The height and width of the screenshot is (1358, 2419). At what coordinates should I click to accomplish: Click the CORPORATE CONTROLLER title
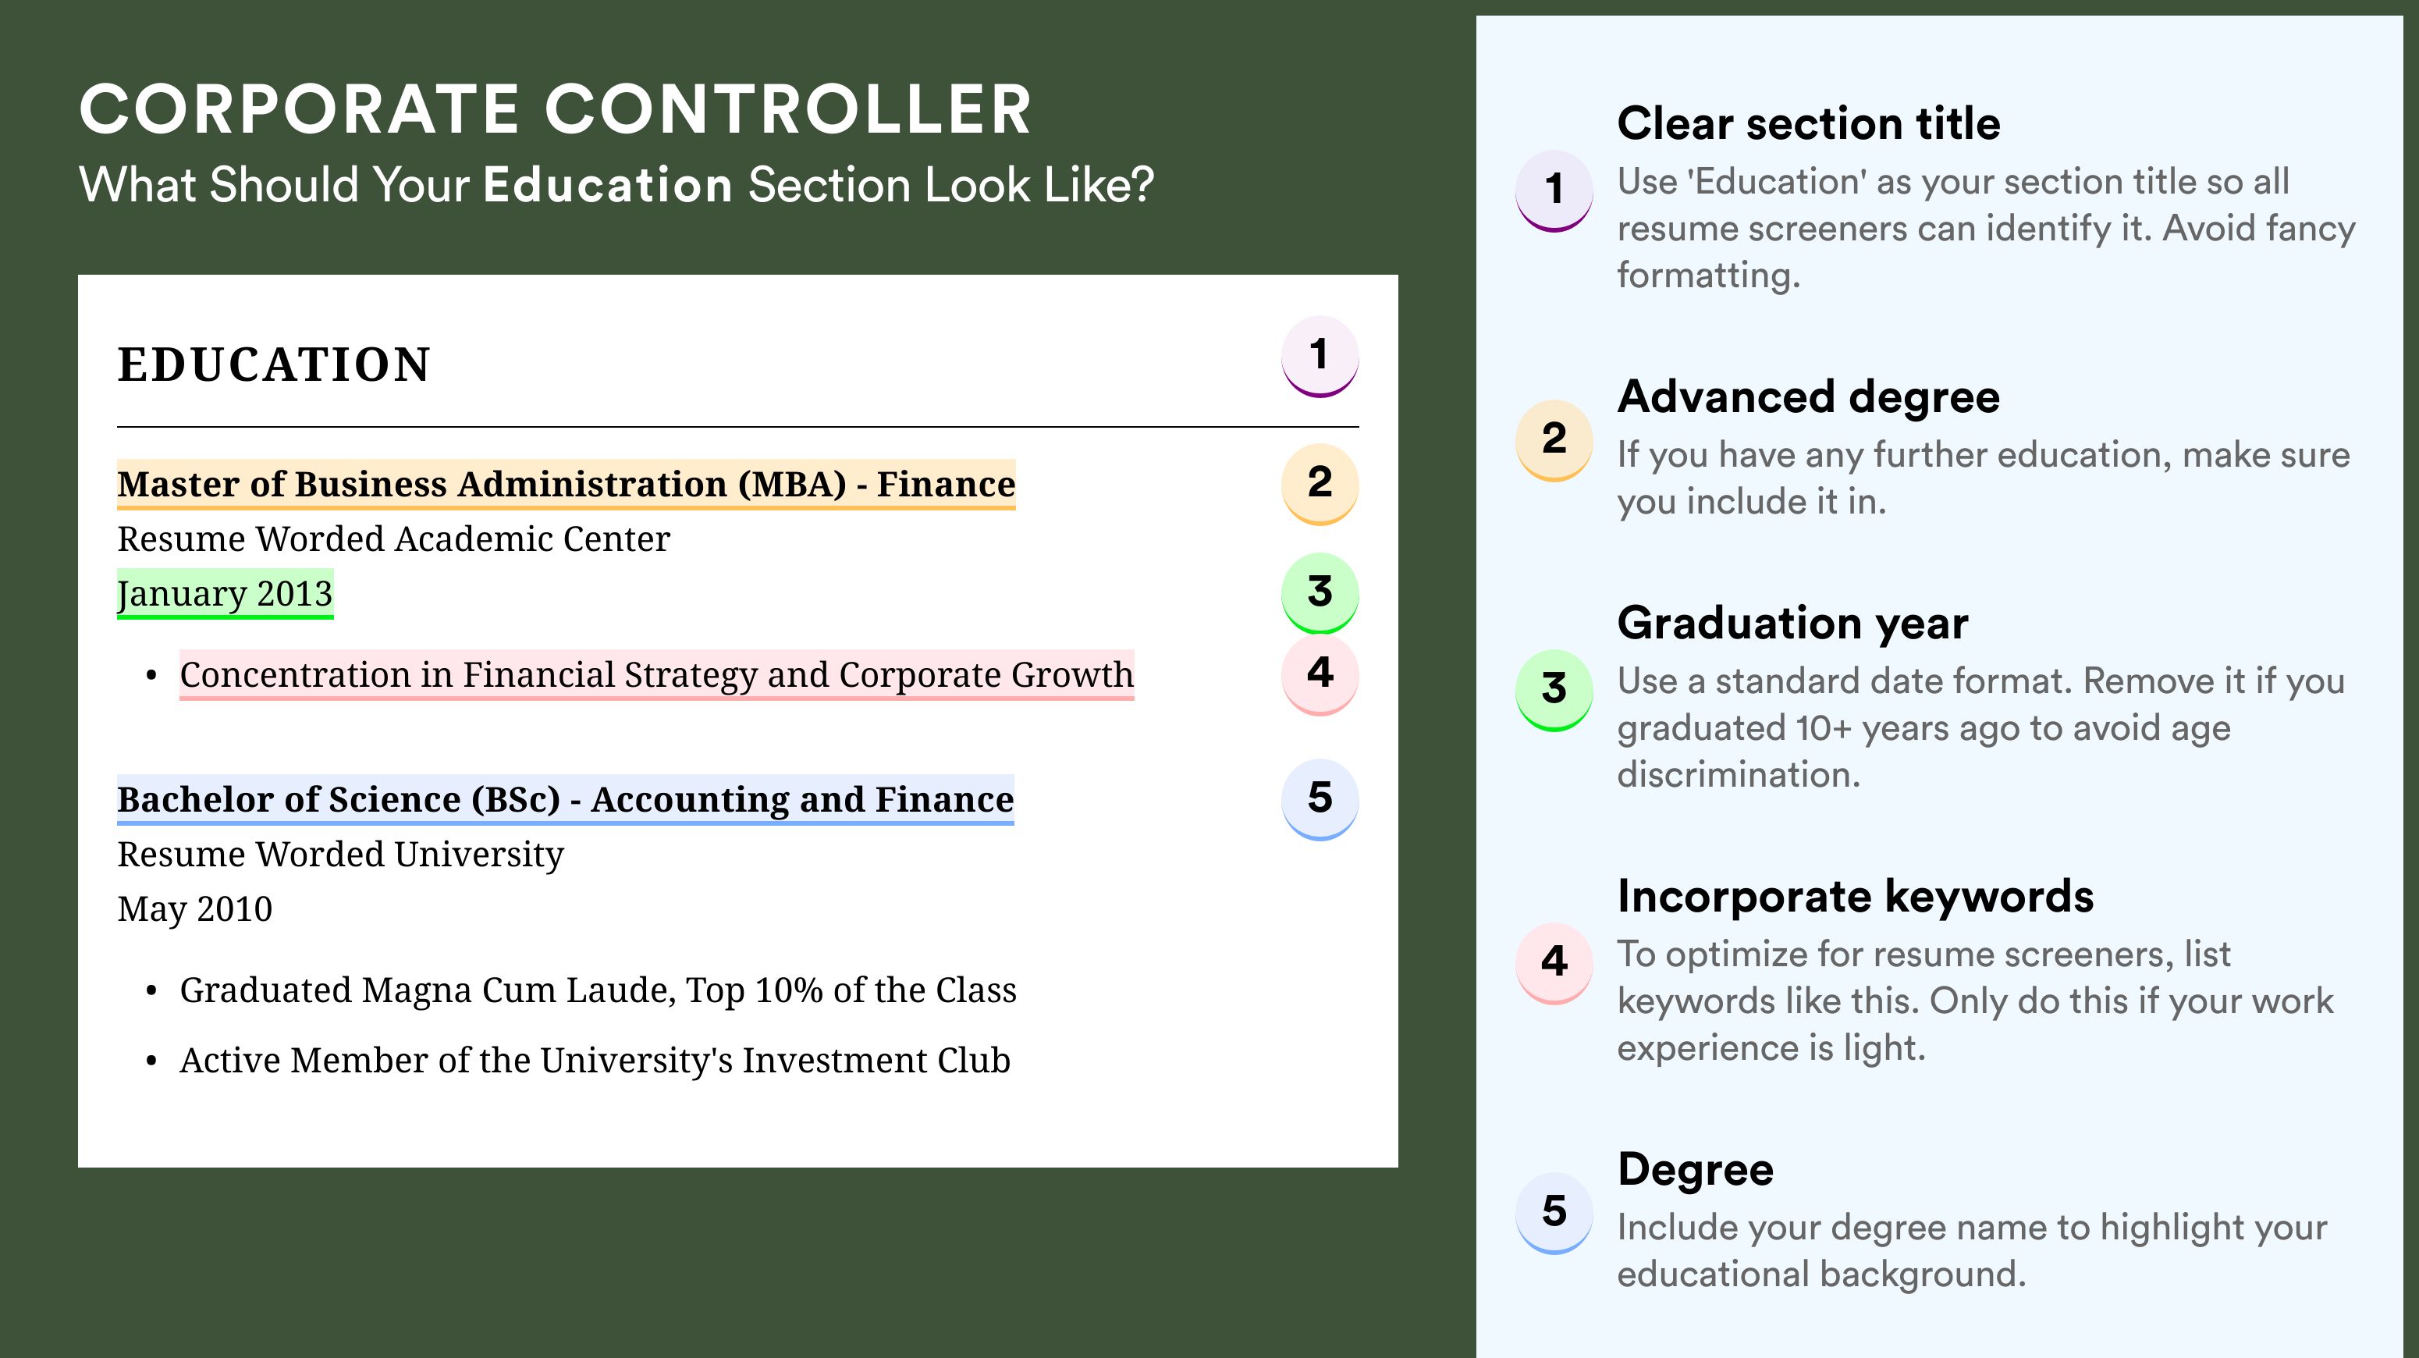click(x=556, y=109)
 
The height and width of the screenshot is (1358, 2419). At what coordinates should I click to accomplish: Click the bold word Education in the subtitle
click(x=608, y=184)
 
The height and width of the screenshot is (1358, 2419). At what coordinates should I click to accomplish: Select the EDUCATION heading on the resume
click(x=273, y=364)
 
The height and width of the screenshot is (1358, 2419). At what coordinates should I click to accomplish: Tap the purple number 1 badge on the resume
click(x=1320, y=357)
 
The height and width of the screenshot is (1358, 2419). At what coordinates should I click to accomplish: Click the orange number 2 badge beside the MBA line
click(x=1320, y=484)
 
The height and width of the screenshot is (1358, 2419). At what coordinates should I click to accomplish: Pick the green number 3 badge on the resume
click(x=1320, y=593)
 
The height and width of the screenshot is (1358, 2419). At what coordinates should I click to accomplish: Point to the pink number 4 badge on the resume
click(x=1320, y=674)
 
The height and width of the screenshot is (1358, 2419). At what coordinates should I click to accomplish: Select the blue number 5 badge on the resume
click(x=1320, y=799)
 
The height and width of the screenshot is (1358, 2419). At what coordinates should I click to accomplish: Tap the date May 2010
click(x=194, y=909)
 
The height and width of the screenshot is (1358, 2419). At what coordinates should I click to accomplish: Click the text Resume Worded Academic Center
click(x=393, y=539)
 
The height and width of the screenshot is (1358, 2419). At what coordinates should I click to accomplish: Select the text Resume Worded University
click(x=340, y=855)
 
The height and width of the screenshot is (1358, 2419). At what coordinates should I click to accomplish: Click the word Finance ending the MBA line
click(x=946, y=484)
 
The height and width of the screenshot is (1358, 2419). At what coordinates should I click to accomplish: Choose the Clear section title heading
click(x=1809, y=123)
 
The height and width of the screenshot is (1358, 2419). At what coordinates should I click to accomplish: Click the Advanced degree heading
click(x=1809, y=397)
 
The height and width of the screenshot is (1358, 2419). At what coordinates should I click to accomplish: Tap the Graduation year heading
click(x=1792, y=623)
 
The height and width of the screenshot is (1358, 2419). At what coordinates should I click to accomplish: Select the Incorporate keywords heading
click(x=1856, y=897)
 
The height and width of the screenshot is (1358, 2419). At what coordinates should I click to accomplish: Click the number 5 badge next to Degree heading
click(x=1554, y=1212)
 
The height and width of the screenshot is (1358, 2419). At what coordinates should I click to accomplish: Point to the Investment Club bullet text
click(x=595, y=1061)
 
